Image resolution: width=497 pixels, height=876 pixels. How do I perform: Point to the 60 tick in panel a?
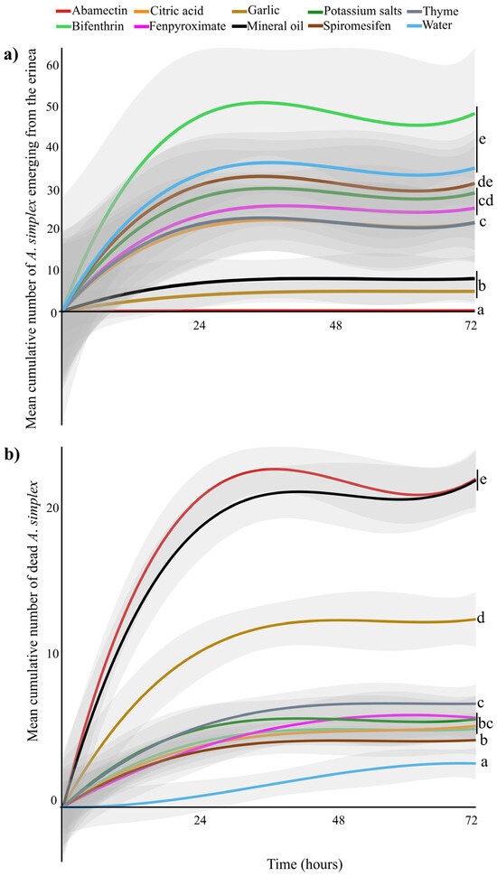[x=52, y=66]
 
